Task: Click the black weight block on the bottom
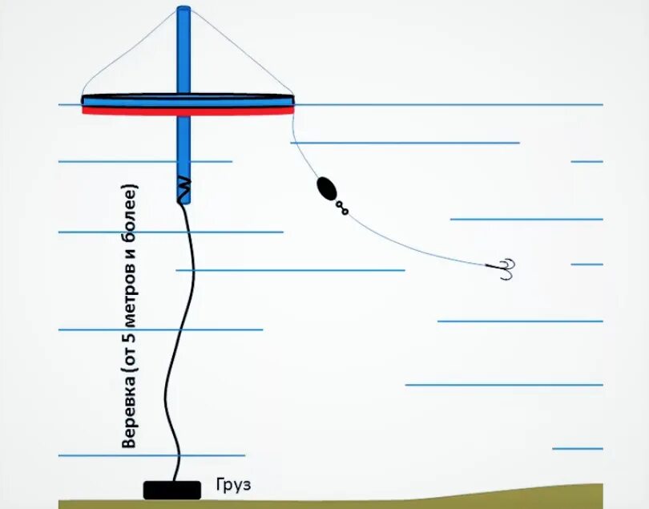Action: pyautogui.click(x=171, y=489)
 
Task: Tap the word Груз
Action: pyautogui.click(x=233, y=485)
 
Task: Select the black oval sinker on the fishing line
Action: pyautogui.click(x=327, y=190)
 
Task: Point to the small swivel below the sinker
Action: pyautogui.click(x=342, y=208)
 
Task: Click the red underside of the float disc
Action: pyautogui.click(x=187, y=111)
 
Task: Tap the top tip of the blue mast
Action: pyautogui.click(x=184, y=10)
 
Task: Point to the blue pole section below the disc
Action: pyautogui.click(x=184, y=144)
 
